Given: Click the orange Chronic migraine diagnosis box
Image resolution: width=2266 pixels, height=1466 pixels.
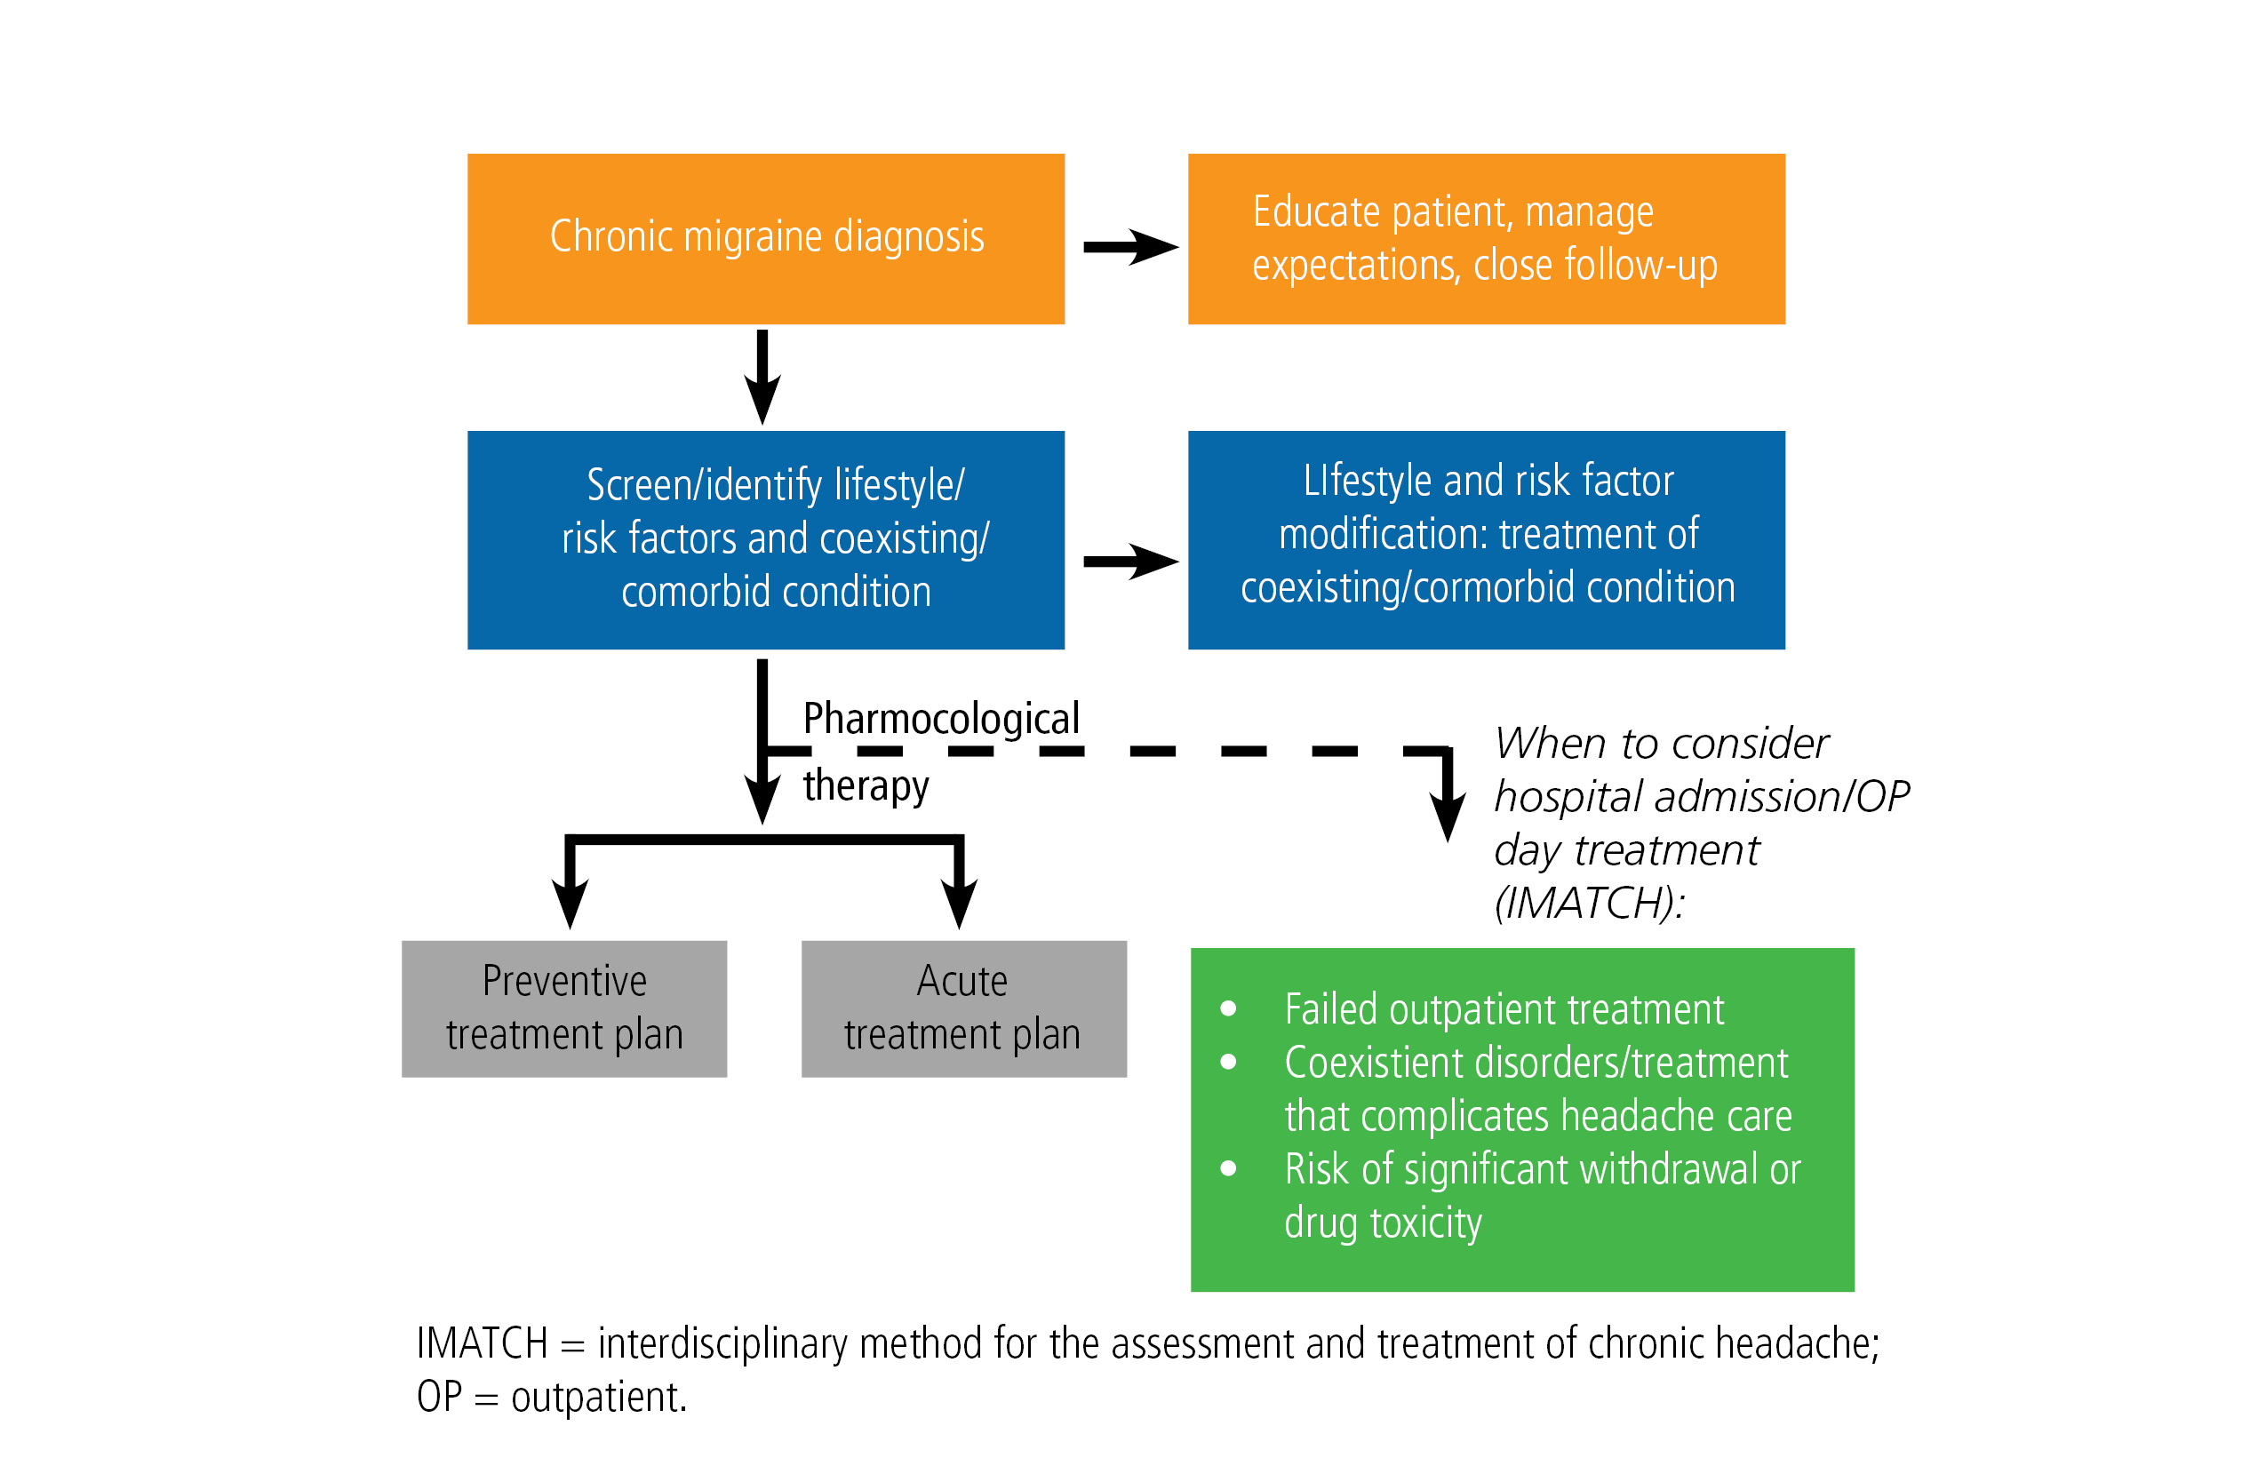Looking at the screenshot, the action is (765, 239).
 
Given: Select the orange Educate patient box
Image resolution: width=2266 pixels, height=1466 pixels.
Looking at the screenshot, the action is (1486, 239).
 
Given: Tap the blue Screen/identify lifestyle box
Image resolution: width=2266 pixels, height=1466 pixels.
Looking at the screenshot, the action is (765, 540).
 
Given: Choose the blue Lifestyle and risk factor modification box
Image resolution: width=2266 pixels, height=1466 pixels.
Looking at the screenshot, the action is (1486, 540).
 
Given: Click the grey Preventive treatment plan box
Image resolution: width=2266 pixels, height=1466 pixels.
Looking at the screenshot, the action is (564, 1009).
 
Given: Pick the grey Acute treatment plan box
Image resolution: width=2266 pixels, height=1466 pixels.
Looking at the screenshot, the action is (964, 1009).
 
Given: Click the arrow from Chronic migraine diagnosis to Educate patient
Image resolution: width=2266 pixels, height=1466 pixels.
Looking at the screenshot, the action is (1131, 247).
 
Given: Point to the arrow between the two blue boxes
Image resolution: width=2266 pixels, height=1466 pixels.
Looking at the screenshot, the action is (1131, 562).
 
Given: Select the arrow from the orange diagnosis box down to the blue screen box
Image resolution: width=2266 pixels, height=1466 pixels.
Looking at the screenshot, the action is (762, 377).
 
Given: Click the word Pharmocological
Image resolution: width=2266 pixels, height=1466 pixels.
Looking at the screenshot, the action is (942, 719).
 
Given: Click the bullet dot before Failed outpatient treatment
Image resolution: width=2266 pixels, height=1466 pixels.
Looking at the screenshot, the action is (1228, 1008).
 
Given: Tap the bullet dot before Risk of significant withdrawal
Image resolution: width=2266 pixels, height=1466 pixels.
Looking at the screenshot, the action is (1228, 1168).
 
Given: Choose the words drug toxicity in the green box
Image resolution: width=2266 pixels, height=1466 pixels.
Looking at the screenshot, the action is (1384, 1223).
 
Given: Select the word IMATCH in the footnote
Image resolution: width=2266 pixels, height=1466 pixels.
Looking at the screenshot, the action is (483, 1343).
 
